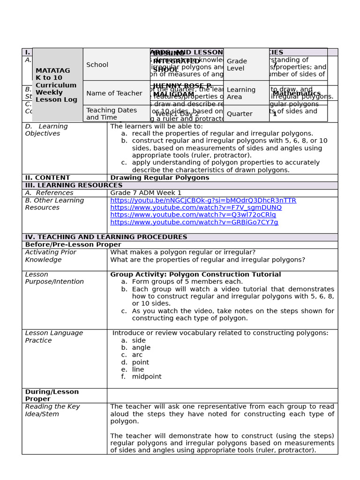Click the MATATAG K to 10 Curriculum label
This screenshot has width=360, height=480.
tap(56, 85)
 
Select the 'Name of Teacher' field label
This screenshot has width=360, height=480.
tap(114, 93)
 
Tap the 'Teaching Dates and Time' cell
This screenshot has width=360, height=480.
tap(112, 114)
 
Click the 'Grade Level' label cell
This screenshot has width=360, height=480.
tap(237, 65)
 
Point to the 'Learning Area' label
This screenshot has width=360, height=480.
tap(241, 93)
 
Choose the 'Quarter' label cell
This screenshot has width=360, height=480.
tap(240, 114)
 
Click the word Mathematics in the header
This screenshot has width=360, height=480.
tap(297, 93)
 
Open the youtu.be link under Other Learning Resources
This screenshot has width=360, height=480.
tap(203, 201)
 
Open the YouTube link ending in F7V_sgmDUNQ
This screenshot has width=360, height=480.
tap(196, 208)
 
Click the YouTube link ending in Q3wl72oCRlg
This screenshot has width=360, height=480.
tap(193, 215)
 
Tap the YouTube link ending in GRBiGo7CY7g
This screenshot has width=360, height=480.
tap(194, 222)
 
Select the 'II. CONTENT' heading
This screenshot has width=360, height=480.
tap(47, 178)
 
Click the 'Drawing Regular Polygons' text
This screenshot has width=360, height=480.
tap(159, 178)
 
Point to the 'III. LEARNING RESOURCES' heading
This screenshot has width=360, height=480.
tap(67, 186)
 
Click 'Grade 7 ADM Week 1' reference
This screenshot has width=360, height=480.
tap(145, 193)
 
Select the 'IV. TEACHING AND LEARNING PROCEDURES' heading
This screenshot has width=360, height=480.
tap(106, 237)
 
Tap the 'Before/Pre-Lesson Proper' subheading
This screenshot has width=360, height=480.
tap(73, 245)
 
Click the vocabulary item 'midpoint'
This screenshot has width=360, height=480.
tap(146, 377)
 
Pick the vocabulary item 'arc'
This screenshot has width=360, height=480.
tap(137, 355)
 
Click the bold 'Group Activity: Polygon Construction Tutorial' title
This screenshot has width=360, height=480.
tap(195, 275)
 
